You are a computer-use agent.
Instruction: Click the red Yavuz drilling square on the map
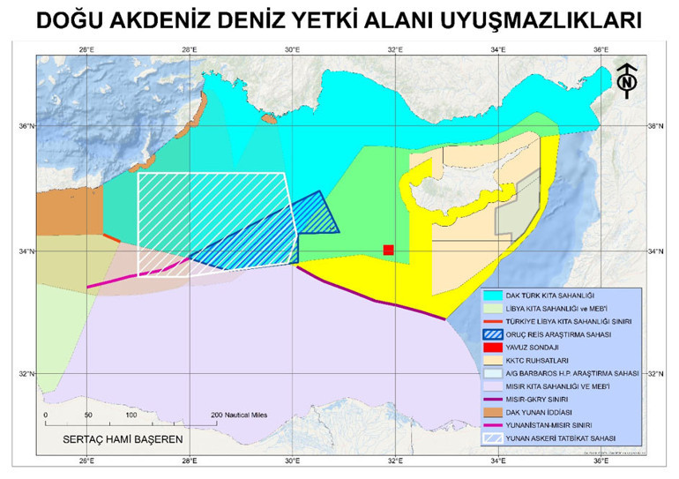click(388, 251)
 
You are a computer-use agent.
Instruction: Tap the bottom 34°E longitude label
click(498, 460)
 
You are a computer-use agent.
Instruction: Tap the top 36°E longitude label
click(601, 50)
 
